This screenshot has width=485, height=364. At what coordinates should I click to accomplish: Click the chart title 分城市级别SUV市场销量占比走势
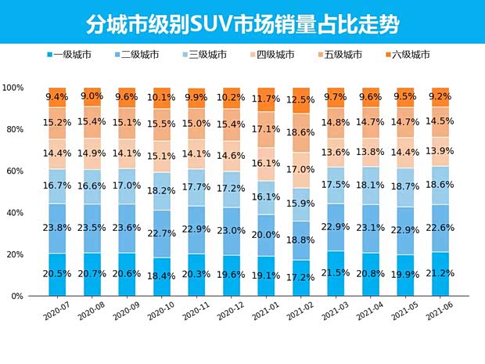pos(242,23)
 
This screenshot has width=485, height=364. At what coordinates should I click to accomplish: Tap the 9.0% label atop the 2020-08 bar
pos(92,96)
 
